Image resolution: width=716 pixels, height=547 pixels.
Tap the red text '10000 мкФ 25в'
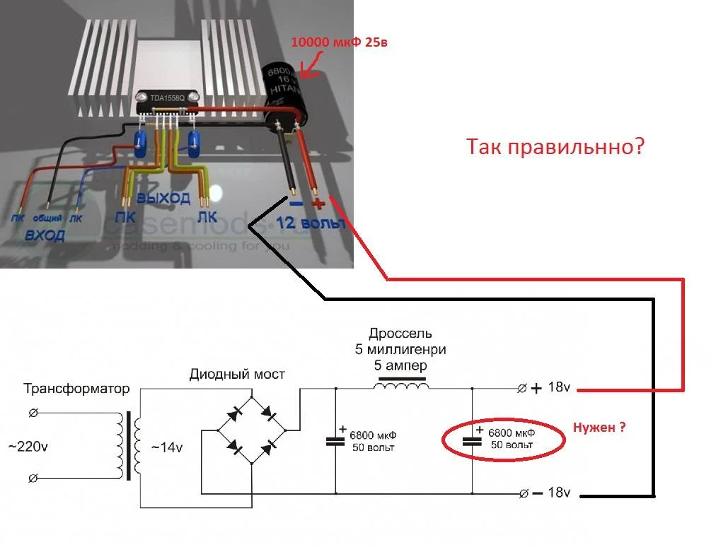(x=339, y=43)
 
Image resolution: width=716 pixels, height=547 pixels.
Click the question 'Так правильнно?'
(x=555, y=147)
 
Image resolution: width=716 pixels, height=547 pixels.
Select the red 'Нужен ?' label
(x=599, y=427)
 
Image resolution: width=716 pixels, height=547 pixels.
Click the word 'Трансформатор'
(x=77, y=389)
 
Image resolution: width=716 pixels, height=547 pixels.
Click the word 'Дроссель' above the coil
(x=400, y=333)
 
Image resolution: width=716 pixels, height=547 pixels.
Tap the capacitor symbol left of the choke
(x=335, y=440)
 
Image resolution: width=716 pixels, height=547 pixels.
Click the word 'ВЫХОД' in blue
(x=163, y=197)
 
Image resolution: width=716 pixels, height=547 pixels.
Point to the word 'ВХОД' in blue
(x=45, y=235)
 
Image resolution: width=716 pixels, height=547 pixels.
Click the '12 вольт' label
(x=312, y=223)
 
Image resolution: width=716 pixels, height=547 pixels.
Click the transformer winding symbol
(x=129, y=447)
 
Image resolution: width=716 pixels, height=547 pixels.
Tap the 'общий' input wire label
(x=48, y=218)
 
